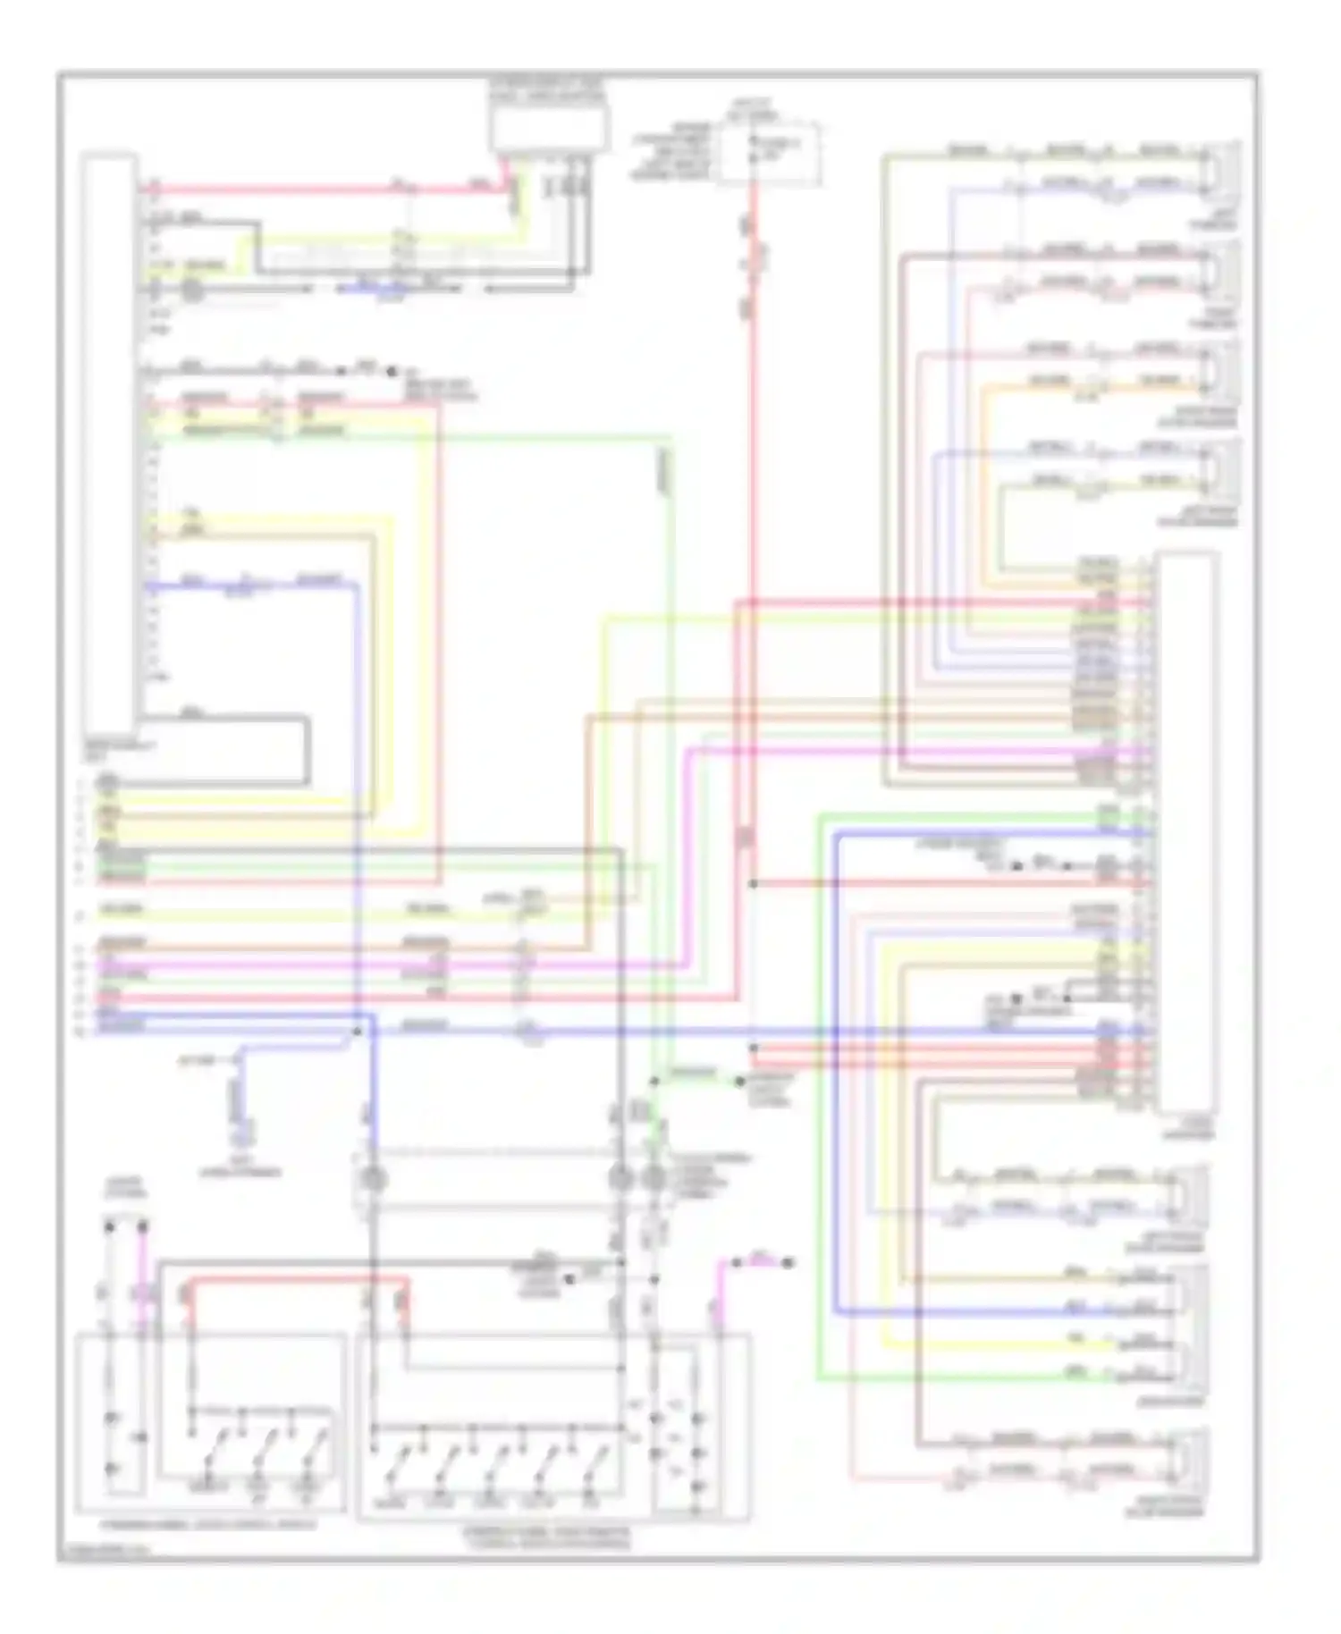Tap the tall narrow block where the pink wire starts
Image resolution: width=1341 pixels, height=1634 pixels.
[108, 442]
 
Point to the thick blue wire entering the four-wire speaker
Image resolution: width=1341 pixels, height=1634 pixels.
[983, 1312]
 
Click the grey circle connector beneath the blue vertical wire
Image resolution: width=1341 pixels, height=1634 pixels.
[371, 1180]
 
